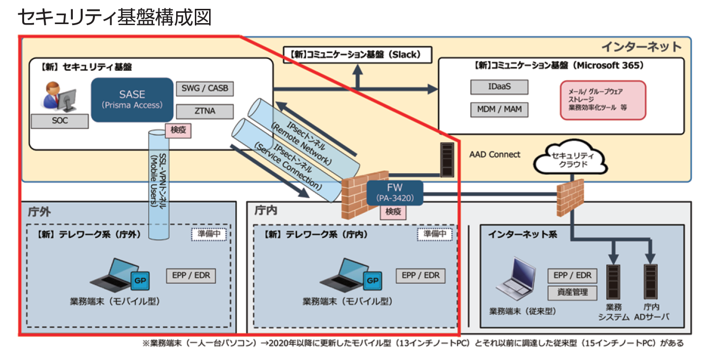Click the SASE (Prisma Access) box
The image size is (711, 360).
click(132, 99)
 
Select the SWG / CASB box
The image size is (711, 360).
click(205, 89)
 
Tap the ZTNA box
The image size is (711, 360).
click(205, 111)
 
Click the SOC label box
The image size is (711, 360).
click(60, 121)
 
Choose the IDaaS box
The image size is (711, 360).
click(499, 87)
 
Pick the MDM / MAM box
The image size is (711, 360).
click(499, 109)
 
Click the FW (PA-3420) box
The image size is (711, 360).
click(395, 192)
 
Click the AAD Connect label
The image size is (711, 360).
click(495, 154)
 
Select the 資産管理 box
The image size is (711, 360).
click(572, 292)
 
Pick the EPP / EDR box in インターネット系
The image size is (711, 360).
click(572, 275)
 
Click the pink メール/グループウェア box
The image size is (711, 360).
click(603, 100)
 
